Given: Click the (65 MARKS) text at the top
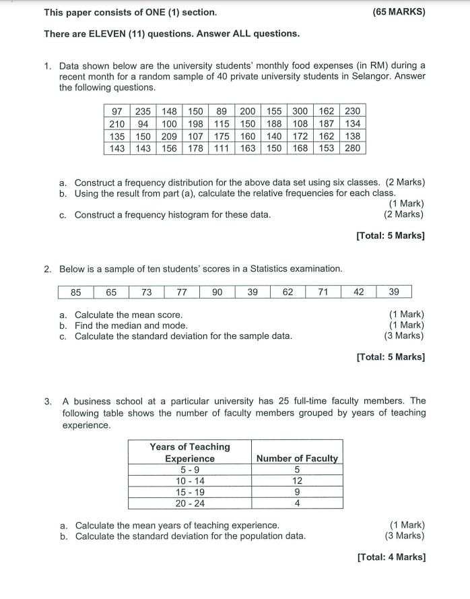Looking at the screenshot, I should [398, 12].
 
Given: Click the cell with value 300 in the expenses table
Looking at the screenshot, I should [300, 111].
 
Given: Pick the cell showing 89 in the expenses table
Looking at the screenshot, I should [221, 111].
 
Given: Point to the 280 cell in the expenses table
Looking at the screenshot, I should [352, 148].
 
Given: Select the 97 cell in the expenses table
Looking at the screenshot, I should [117, 111].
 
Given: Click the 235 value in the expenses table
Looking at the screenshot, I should [143, 111].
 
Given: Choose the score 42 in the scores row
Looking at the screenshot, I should [358, 292].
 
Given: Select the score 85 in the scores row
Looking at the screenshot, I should [76, 292].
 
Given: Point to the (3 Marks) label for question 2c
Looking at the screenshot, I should [403, 336].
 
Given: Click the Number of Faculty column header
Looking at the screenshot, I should [297, 458].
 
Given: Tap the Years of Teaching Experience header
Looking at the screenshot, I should [190, 452].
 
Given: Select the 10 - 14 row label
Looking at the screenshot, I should [190, 481].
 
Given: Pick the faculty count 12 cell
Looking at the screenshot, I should [297, 481].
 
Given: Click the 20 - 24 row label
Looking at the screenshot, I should [190, 503].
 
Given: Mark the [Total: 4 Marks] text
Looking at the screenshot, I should [391, 557].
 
